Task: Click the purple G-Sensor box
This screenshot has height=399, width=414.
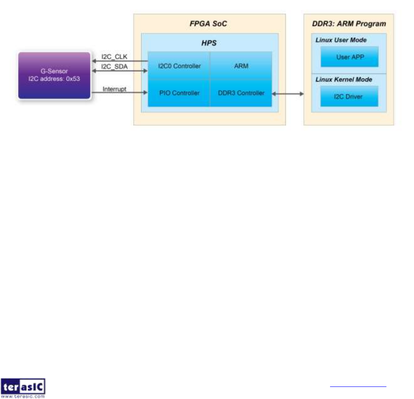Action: click(x=54, y=75)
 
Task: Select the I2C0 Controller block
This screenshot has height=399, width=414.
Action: click(x=179, y=66)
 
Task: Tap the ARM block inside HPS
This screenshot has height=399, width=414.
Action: click(x=241, y=66)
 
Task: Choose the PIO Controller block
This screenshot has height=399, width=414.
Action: click(x=179, y=93)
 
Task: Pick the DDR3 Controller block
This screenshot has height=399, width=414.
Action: click(x=241, y=93)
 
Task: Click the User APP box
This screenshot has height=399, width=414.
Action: click(x=349, y=57)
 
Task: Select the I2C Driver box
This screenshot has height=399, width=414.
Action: click(x=349, y=96)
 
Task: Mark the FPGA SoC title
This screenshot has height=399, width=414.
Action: click(x=208, y=23)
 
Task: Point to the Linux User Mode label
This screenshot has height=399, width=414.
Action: click(x=341, y=40)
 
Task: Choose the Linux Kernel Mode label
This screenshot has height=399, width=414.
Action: click(x=343, y=79)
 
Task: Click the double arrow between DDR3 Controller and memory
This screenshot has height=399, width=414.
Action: click(x=288, y=93)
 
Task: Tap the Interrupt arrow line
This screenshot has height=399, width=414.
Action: click(x=119, y=93)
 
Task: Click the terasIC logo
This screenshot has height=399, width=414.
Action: click(x=23, y=388)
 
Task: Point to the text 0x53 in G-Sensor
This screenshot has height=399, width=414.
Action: click(x=72, y=78)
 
